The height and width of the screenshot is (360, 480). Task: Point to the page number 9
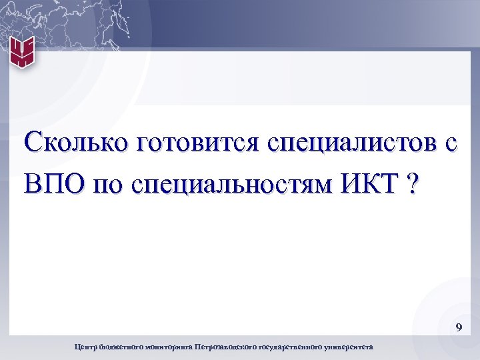(x=458, y=327)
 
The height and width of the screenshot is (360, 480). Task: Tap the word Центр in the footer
(x=85, y=347)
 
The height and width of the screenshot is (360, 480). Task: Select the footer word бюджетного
(x=119, y=347)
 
